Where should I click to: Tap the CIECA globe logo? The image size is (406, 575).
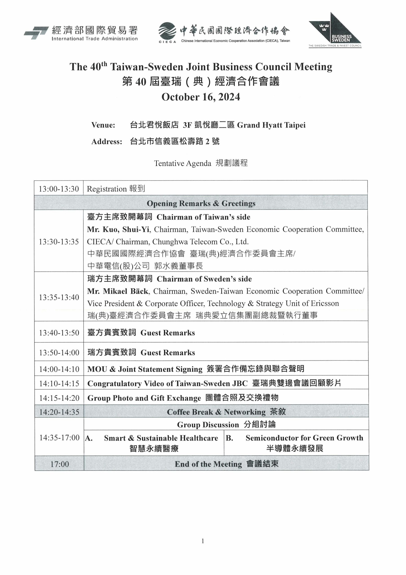coord(167,31)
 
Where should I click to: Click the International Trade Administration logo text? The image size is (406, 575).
coord(95,39)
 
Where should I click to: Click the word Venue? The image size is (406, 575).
coord(103,125)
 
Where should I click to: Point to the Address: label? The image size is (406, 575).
coord(107,142)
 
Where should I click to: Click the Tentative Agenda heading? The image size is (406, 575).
coord(182,163)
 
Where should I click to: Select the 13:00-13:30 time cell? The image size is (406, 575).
coord(59,189)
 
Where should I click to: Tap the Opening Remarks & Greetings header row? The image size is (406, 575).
coord(201,203)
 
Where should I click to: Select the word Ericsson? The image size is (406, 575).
coord(325,303)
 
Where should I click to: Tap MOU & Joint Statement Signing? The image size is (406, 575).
coord(145,369)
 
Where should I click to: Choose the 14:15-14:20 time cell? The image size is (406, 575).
coord(59,398)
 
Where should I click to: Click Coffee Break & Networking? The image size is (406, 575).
coord(216,412)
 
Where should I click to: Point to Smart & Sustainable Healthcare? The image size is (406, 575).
coord(161,438)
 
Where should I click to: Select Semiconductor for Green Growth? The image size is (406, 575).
coord(304,438)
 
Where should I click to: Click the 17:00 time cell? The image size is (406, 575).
coord(59,464)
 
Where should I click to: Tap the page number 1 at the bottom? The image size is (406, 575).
coord(203,541)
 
